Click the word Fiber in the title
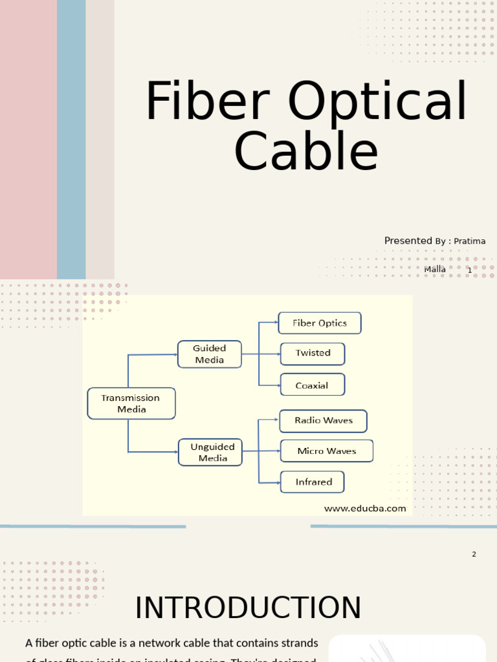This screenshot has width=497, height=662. [x=210, y=101]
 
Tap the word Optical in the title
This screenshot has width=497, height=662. [x=377, y=101]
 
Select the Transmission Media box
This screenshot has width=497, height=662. [x=131, y=403]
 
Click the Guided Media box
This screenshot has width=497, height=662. [x=210, y=354]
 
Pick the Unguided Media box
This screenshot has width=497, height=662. [x=210, y=453]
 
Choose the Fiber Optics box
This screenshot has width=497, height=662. [x=320, y=323]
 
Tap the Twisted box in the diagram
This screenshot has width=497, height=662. [x=313, y=354]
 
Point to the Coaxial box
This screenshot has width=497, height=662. [x=312, y=385]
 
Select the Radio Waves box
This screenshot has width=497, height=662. [x=324, y=421]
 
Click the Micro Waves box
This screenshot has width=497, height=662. [x=327, y=451]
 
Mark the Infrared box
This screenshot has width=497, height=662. [x=313, y=482]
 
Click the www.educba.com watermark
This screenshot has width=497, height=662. [x=365, y=508]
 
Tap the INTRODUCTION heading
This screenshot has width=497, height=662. [x=248, y=608]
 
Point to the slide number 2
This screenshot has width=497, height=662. [x=474, y=554]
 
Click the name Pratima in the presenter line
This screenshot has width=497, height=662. [x=470, y=241]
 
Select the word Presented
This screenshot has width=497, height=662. [x=408, y=240]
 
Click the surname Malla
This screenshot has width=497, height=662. [x=435, y=269]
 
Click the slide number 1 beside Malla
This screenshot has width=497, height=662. [x=470, y=270]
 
